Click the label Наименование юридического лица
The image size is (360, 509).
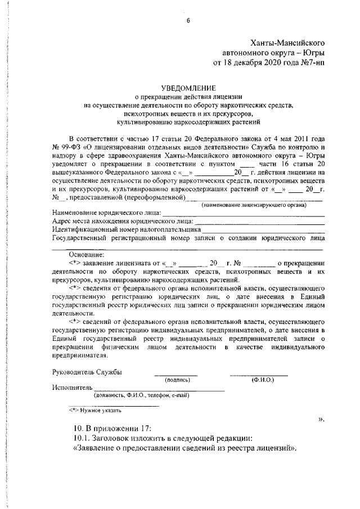click(x=106, y=213)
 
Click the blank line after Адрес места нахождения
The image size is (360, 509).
click(x=259, y=221)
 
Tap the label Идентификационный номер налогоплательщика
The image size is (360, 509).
click(x=126, y=229)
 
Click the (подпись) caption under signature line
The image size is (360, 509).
click(x=176, y=380)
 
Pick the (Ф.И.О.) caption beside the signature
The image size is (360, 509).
click(x=262, y=380)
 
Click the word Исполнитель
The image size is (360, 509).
click(x=71, y=388)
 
